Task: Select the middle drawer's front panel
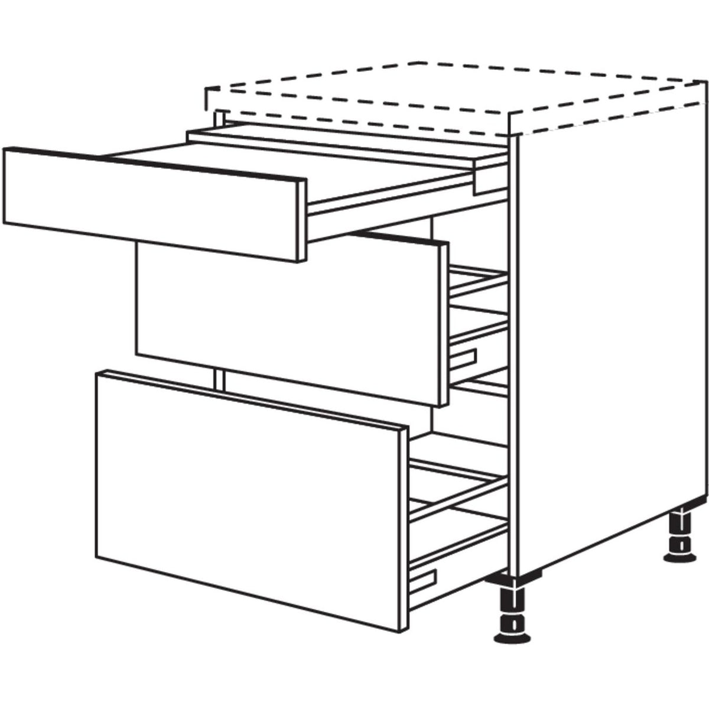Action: pyautogui.click(x=284, y=319)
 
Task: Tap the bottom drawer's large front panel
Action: pyautogui.click(x=248, y=502)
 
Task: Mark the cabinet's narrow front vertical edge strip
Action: pyautogui.click(x=513, y=354)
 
